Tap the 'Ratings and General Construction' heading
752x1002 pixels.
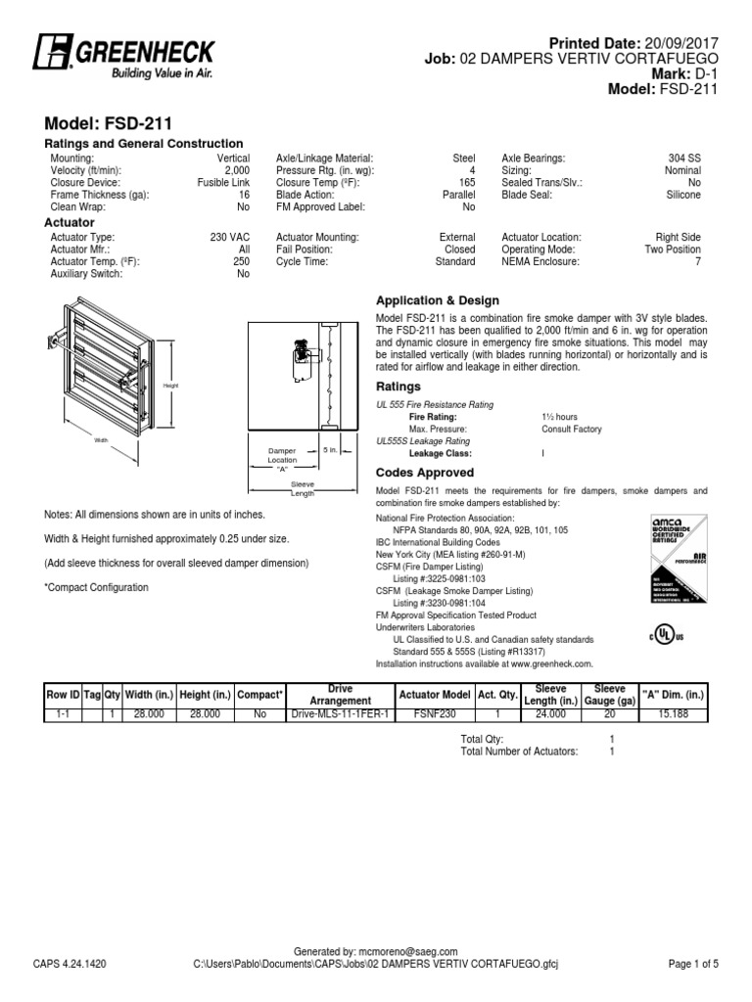[144, 144]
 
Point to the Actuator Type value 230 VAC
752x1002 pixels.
[231, 237]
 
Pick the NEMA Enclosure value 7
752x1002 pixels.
[697, 262]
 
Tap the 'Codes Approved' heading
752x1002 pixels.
[425, 473]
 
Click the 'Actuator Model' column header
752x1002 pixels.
[434, 695]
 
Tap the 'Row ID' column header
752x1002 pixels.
[63, 695]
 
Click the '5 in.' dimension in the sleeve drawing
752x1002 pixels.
[331, 449]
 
